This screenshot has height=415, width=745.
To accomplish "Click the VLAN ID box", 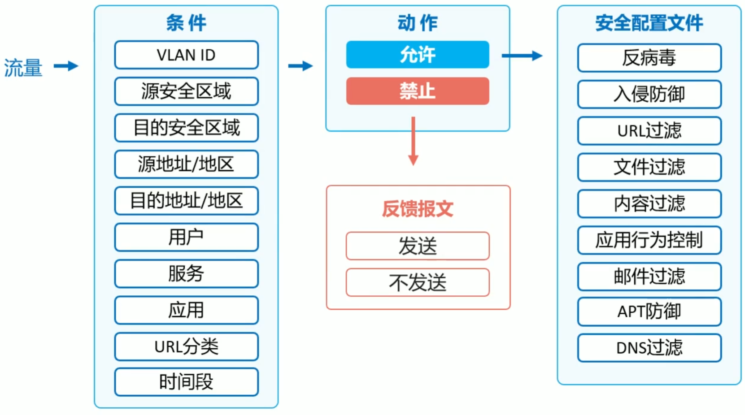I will pyautogui.click(x=186, y=55).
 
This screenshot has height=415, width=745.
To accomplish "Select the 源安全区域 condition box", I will pyautogui.click(x=186, y=91).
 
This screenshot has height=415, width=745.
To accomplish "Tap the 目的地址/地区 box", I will pyautogui.click(x=186, y=201).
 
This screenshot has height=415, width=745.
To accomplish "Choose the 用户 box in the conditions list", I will pyautogui.click(x=186, y=237).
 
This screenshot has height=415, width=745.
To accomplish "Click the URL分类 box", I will pyautogui.click(x=186, y=346).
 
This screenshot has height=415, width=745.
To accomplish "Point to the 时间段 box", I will pyautogui.click(x=186, y=382).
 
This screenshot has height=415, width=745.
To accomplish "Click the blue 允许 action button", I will pyautogui.click(x=417, y=55).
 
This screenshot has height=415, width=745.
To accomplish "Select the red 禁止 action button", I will pyautogui.click(x=417, y=91).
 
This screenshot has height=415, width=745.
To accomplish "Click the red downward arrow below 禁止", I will pyautogui.click(x=413, y=141).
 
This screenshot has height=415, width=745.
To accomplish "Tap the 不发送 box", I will pyautogui.click(x=417, y=282).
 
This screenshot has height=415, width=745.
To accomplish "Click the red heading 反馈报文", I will pyautogui.click(x=417, y=209).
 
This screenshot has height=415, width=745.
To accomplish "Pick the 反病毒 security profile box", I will pyautogui.click(x=649, y=58).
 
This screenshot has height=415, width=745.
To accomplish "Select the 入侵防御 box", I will pyautogui.click(x=649, y=94).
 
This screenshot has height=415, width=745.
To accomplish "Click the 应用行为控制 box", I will pyautogui.click(x=649, y=240).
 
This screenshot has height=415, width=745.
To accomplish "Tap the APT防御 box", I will pyautogui.click(x=649, y=311).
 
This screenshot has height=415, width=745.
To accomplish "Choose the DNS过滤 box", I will pyautogui.click(x=649, y=348).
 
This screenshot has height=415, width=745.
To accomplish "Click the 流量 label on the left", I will pyautogui.click(x=23, y=68).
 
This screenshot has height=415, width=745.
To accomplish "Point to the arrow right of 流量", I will pyautogui.click(x=66, y=66).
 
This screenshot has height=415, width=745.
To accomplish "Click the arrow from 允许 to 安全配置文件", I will pyautogui.click(x=522, y=56).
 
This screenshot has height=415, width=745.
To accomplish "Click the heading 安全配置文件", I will pyautogui.click(x=649, y=23).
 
